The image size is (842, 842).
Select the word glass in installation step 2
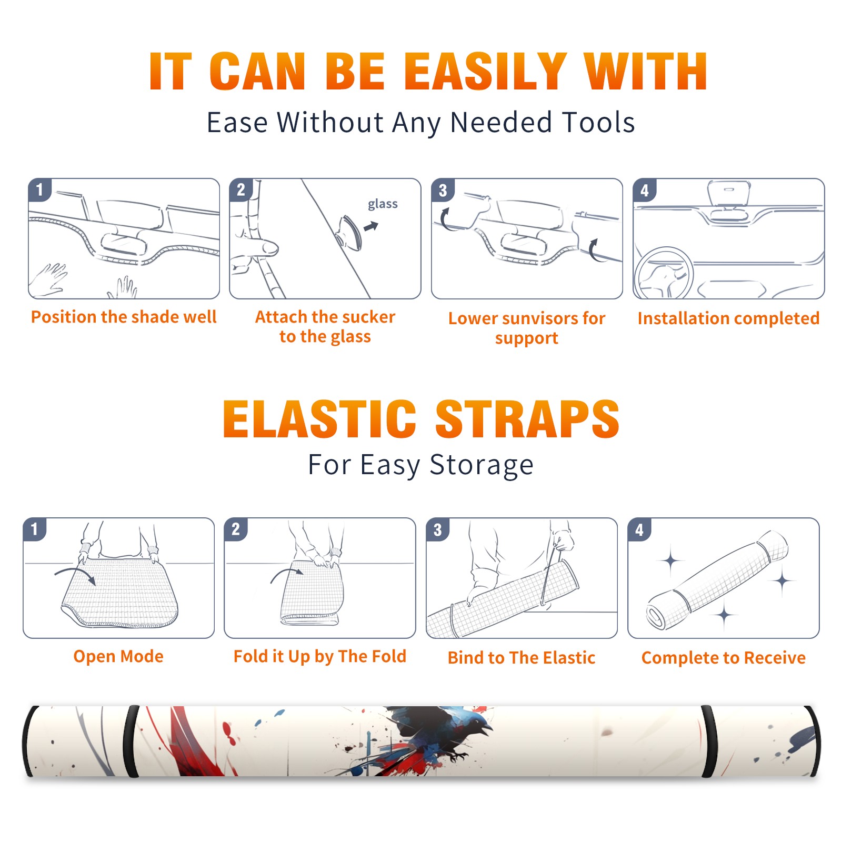(383, 204)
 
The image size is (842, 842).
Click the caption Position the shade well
(124, 317)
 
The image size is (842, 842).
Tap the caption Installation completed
(728, 318)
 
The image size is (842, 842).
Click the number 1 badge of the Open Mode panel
(35, 529)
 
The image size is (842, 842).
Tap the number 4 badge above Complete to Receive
(639, 529)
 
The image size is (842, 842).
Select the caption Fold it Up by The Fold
(320, 656)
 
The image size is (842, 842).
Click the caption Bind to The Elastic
(522, 658)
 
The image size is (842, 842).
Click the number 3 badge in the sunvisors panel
(443, 190)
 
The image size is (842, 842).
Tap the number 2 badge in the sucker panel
(241, 189)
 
